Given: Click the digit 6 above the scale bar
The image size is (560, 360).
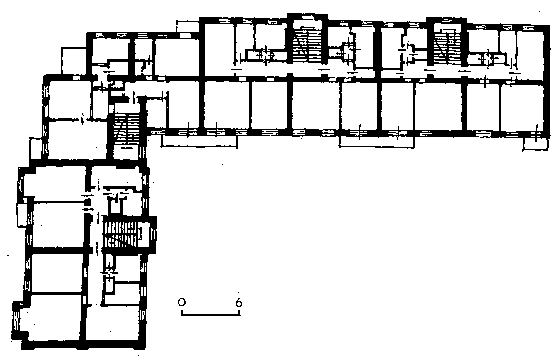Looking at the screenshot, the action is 239,303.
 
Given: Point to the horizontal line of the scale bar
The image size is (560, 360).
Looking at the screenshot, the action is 210,315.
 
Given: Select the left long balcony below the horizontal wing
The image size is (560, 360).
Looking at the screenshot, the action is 199,141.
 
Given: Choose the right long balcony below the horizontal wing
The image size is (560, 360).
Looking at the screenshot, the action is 376,142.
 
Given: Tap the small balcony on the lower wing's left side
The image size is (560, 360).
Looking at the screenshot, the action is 22,215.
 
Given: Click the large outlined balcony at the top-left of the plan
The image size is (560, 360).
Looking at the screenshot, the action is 74,61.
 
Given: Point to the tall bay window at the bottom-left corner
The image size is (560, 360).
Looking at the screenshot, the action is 16,320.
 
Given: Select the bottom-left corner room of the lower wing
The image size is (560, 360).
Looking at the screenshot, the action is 54,317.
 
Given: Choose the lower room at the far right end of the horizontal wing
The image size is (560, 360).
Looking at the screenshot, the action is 523,108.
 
